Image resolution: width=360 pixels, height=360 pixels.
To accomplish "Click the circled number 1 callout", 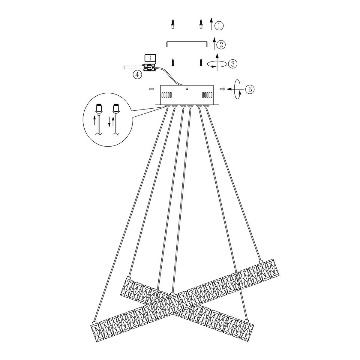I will click(x=220, y=26).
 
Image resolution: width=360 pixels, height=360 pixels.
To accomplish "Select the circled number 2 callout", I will click(x=221, y=45).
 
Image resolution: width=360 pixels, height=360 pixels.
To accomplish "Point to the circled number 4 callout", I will click(x=137, y=75).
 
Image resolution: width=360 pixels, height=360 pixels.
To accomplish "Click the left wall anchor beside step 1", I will click(x=172, y=24).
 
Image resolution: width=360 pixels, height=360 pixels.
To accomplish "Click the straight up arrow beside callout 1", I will click(x=211, y=24).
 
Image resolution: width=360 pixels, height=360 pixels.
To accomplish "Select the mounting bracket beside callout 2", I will click(x=187, y=43).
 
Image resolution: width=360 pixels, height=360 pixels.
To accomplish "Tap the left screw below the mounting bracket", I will click(x=172, y=62).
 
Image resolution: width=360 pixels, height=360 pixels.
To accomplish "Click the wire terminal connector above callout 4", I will click(x=149, y=68).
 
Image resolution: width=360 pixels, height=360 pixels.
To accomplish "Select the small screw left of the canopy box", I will click(x=151, y=89).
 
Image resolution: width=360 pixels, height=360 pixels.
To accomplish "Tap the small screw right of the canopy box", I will click(x=223, y=89).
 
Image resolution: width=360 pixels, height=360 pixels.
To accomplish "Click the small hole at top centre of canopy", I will click(x=187, y=88).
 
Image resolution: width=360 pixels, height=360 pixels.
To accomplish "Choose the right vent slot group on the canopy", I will click(x=207, y=95).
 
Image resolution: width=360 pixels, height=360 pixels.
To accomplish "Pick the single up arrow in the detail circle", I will click(x=95, y=121).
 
